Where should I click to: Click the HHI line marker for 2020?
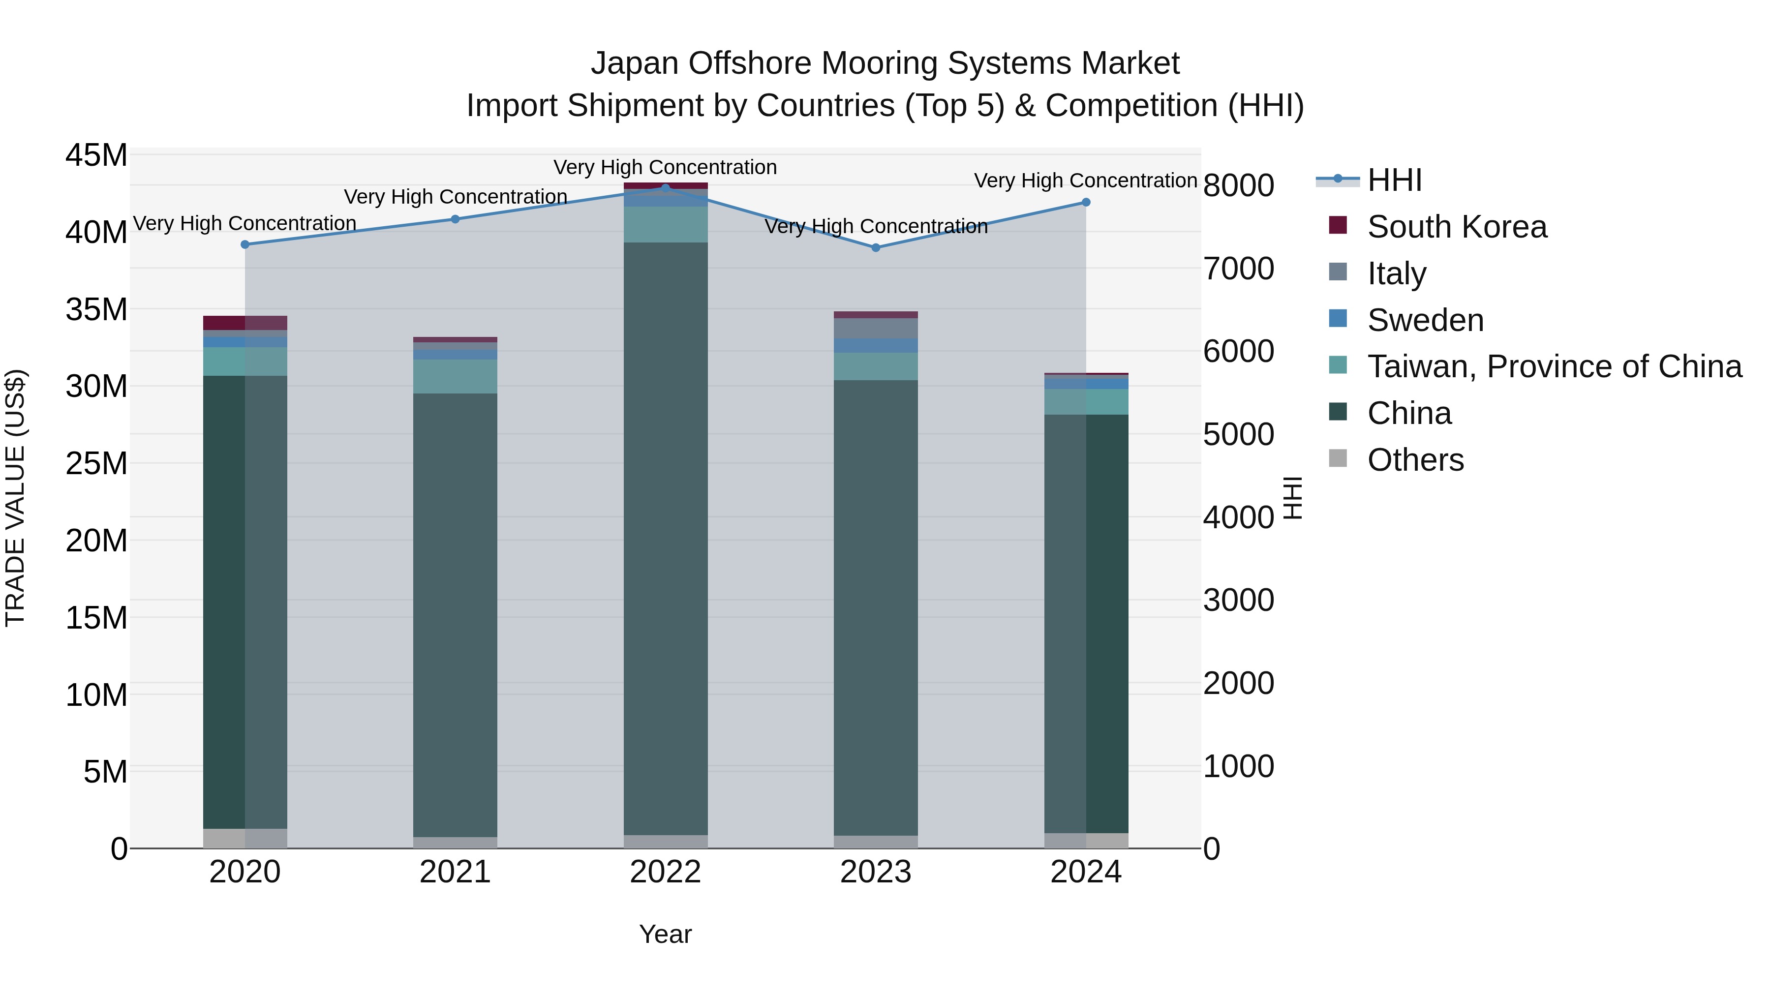pyautogui.click(x=245, y=245)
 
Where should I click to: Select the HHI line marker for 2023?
pyautogui.click(x=875, y=247)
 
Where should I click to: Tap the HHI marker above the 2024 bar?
pyautogui.click(x=1086, y=202)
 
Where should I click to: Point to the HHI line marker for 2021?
pyautogui.click(x=455, y=219)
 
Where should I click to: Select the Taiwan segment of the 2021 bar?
pyautogui.click(x=455, y=376)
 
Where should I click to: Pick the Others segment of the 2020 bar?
pyautogui.click(x=245, y=838)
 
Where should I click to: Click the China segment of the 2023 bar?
pyautogui.click(x=875, y=605)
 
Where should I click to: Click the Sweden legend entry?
pyautogui.click(x=1425, y=320)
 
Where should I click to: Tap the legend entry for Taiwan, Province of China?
pyautogui.click(x=1554, y=366)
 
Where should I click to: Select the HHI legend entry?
pyautogui.click(x=1394, y=180)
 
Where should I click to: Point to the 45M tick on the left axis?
pyautogui.click(x=96, y=155)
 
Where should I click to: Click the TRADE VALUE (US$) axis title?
pyautogui.click(x=17, y=498)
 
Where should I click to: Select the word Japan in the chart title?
pyautogui.click(x=635, y=63)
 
